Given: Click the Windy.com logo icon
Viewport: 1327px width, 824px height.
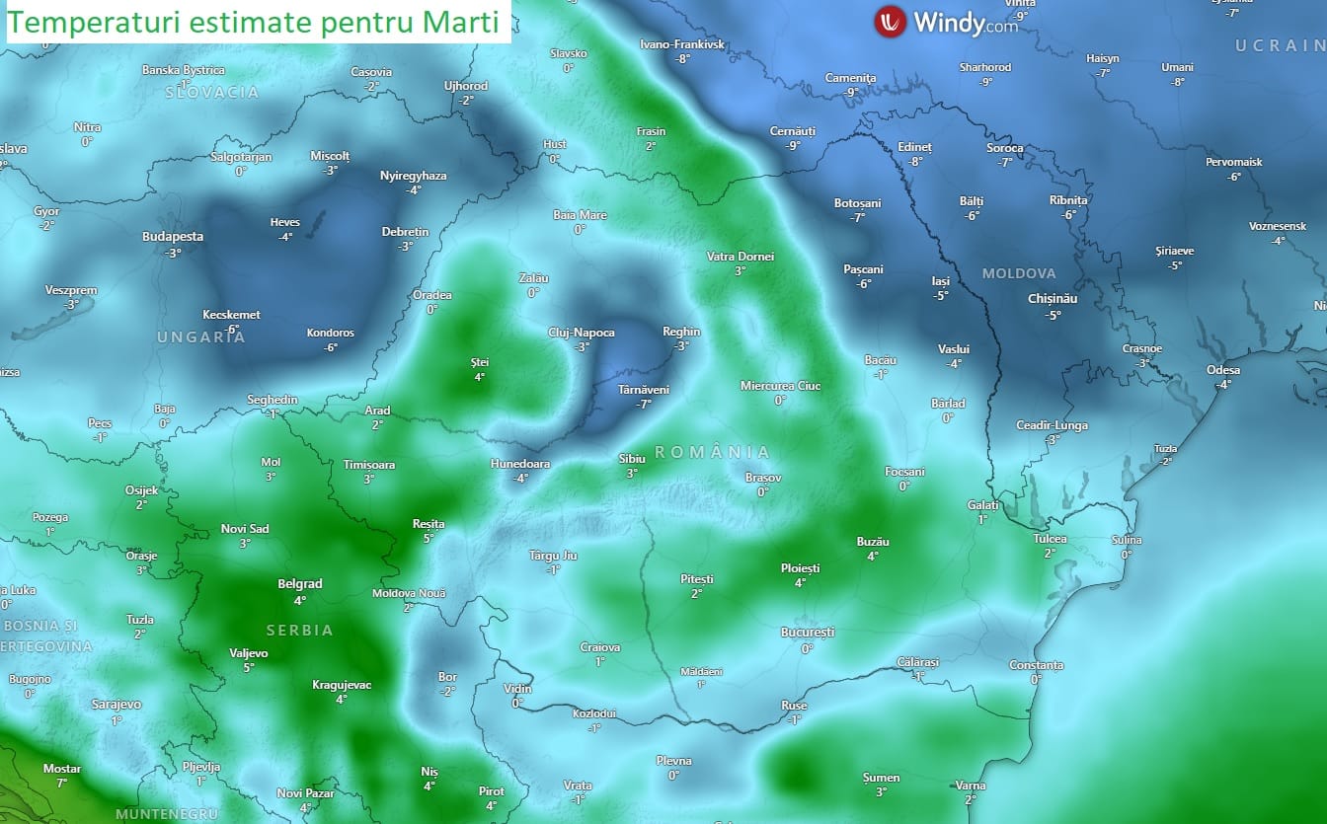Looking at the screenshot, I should [x=891, y=21].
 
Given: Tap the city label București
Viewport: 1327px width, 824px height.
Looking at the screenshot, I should [x=807, y=632].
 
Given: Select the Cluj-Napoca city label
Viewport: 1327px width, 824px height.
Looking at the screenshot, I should [x=582, y=333].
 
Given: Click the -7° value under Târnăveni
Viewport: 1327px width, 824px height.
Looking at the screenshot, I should [x=644, y=404].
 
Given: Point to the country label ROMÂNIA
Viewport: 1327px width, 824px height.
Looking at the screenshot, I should [x=712, y=451].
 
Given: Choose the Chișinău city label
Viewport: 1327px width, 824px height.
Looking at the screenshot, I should [x=1052, y=298].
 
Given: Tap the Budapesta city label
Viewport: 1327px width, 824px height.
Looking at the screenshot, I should [x=173, y=237].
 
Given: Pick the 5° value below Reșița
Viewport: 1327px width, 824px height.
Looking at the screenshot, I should [x=428, y=538].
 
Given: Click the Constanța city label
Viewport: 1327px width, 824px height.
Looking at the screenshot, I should [x=1036, y=665].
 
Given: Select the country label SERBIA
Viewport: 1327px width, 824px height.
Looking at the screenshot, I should [x=299, y=630].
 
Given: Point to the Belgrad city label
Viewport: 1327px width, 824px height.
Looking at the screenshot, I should [x=299, y=584].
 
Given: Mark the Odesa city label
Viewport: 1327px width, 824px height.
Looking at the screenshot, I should [x=1223, y=370].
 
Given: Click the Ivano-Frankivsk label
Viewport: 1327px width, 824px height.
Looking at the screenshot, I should [x=682, y=44].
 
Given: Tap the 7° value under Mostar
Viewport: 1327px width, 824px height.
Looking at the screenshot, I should [x=61, y=783].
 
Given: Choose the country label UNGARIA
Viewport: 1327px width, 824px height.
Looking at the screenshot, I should [x=200, y=337].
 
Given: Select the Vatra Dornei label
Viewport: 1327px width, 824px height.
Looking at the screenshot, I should [x=741, y=257].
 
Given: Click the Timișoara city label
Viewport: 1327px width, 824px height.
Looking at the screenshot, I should [x=368, y=465].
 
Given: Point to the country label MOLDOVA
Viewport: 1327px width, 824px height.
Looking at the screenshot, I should [x=1019, y=273].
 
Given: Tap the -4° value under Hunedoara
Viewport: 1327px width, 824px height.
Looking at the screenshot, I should [x=520, y=478].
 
